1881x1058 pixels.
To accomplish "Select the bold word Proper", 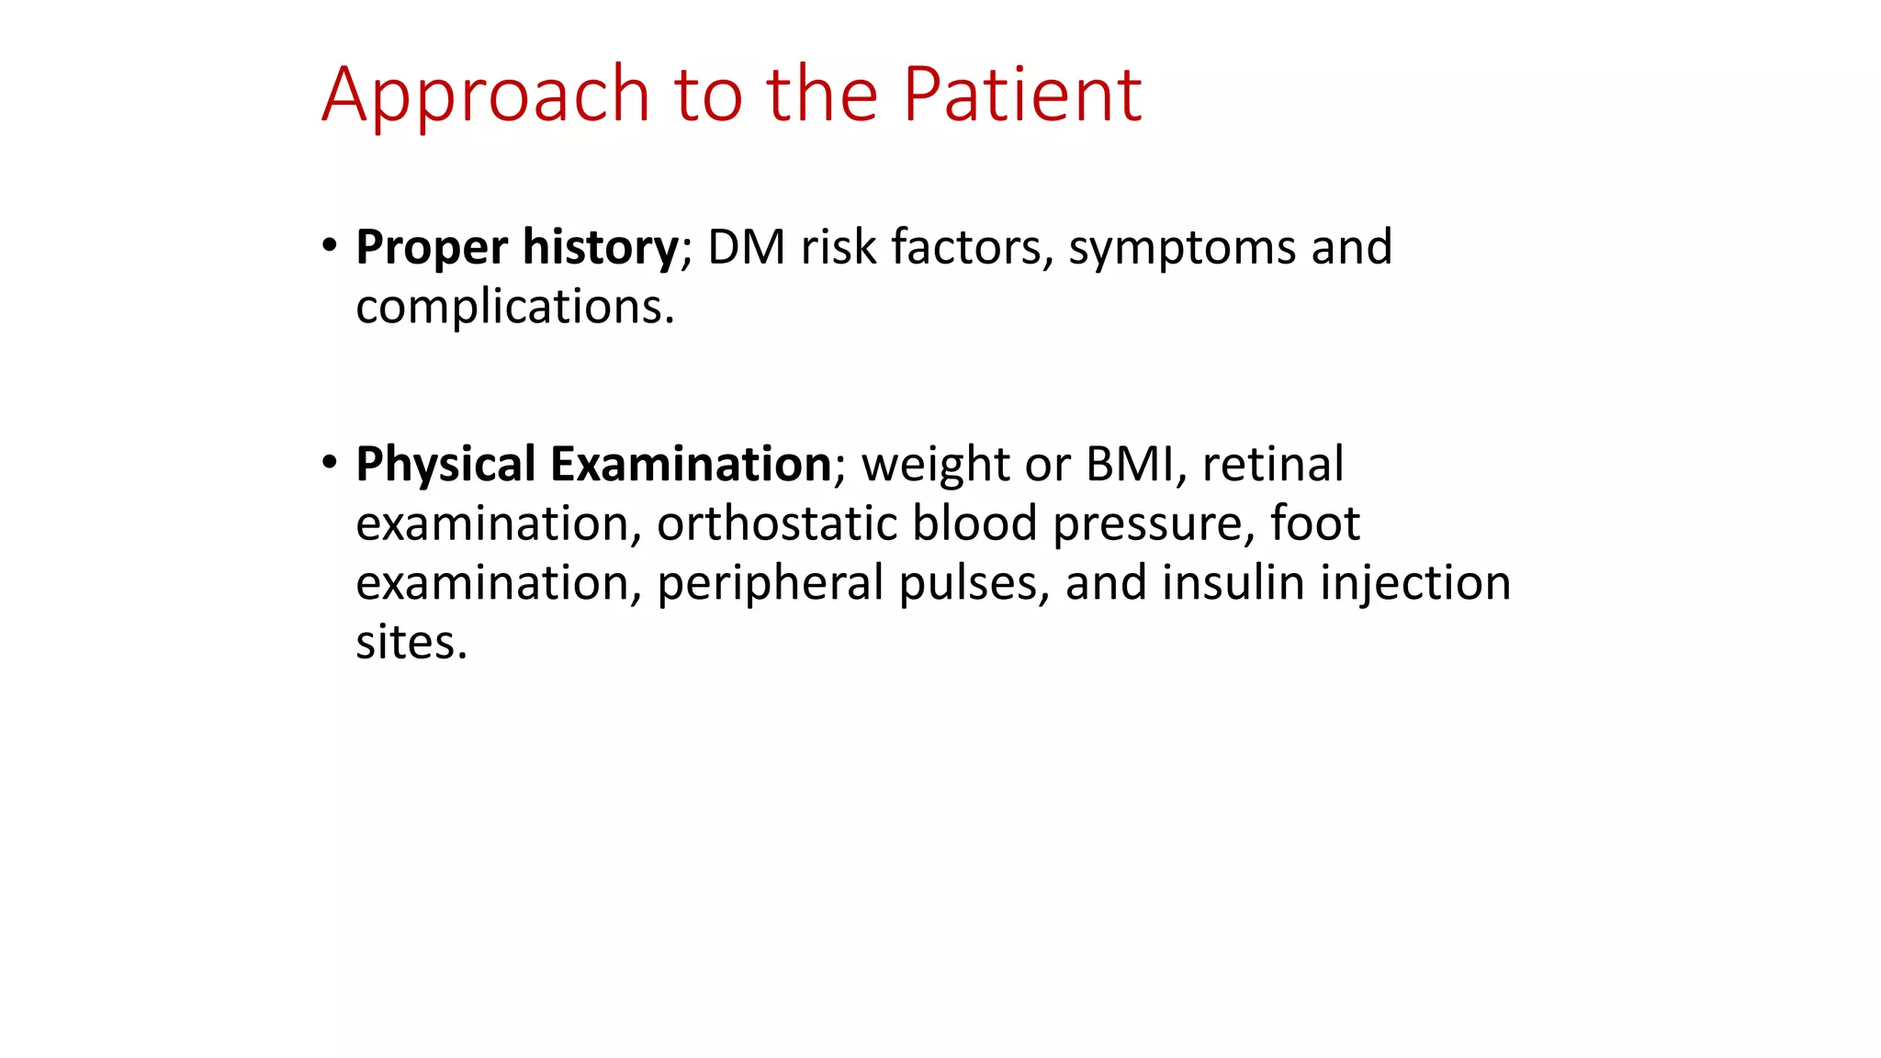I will [x=432, y=248].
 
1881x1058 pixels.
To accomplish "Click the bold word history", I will [x=600, y=248].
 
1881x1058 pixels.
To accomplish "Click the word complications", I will [x=514, y=307].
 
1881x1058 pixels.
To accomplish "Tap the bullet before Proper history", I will [x=330, y=246].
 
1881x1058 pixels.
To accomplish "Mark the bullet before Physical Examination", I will [x=330, y=463].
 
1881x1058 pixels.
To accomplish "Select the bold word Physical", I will [x=445, y=465].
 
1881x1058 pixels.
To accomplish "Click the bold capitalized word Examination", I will [x=691, y=464].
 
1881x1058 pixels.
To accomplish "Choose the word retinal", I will [x=1273, y=464].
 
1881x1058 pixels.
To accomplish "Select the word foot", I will [x=1314, y=523].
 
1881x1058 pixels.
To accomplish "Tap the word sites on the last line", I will [x=411, y=642].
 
